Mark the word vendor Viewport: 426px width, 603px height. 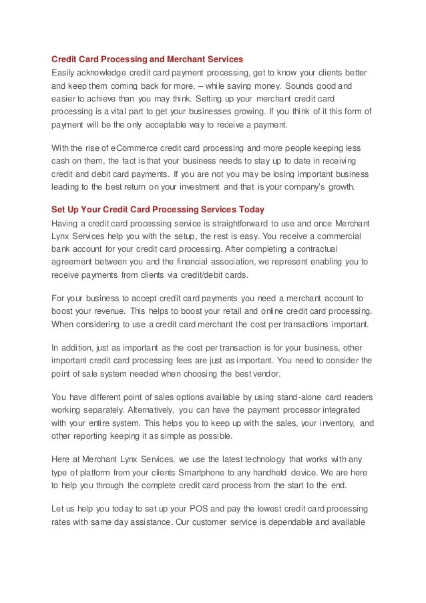click(x=275, y=374)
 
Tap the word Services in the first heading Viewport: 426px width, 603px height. click(x=224, y=59)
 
